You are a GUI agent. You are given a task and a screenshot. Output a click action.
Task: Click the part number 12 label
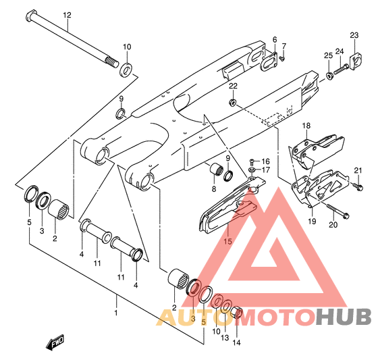67,16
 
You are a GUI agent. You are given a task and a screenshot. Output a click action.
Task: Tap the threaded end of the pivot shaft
112,61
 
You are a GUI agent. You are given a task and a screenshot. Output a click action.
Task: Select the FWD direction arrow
55,342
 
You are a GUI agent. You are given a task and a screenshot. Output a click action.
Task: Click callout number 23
354,35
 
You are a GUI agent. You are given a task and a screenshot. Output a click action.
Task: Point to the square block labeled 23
356,61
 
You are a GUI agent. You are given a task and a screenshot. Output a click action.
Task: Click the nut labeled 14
237,313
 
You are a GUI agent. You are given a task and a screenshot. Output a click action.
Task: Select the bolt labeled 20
337,211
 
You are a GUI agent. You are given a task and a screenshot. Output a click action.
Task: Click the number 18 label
306,126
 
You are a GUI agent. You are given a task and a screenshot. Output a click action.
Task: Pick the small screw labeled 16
252,161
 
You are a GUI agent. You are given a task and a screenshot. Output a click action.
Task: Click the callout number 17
266,170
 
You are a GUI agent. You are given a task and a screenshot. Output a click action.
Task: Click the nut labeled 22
232,102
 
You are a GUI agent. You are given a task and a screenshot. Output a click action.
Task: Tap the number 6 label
275,40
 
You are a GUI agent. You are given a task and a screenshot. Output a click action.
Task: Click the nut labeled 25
329,76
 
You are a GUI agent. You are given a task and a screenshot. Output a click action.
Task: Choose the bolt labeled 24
341,69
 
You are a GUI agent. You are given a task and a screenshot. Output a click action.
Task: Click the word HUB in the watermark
344,317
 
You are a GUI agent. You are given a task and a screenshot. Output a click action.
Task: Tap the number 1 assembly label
116,313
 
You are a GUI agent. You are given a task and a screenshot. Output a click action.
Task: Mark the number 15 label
227,241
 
